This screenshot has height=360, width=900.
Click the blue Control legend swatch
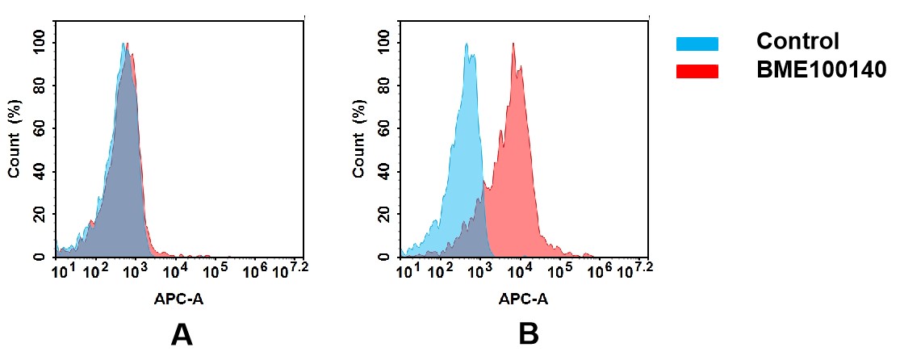coord(697,44)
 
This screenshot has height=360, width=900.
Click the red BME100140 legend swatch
coord(697,72)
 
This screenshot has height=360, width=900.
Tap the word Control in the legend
coord(797,41)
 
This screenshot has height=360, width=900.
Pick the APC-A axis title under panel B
coord(523,299)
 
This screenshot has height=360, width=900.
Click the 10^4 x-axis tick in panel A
coord(176,270)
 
